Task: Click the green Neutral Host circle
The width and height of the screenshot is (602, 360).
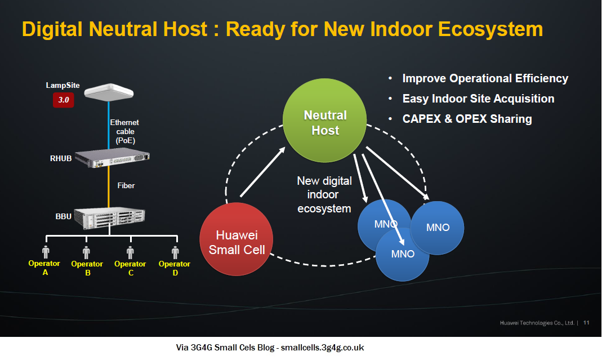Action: [x=325, y=123]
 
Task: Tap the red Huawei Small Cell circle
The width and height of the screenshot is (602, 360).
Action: [x=237, y=239]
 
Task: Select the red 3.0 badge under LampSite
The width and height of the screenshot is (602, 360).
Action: [x=63, y=100]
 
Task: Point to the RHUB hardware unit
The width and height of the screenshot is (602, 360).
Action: [x=114, y=157]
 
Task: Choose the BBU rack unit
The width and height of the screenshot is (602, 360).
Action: [x=112, y=217]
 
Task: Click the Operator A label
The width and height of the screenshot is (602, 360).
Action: [x=44, y=268]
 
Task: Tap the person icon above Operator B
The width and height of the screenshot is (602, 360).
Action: [x=87, y=252]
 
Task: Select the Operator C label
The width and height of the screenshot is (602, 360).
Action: [x=130, y=268]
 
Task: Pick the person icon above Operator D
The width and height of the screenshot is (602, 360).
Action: [x=175, y=252]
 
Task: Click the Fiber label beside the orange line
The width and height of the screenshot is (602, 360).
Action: [x=126, y=185]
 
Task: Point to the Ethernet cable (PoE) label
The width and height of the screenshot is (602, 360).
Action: [x=124, y=131]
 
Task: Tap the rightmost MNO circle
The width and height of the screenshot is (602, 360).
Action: [x=438, y=228]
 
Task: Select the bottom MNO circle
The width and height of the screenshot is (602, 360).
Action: [x=403, y=254]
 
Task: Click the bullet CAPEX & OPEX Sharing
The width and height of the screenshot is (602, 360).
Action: [x=466, y=119]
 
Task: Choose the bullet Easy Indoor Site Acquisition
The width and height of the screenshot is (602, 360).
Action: [x=478, y=99]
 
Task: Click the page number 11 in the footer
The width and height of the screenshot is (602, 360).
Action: [x=586, y=323]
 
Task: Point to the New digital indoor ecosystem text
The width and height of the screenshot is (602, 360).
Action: [x=324, y=195]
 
